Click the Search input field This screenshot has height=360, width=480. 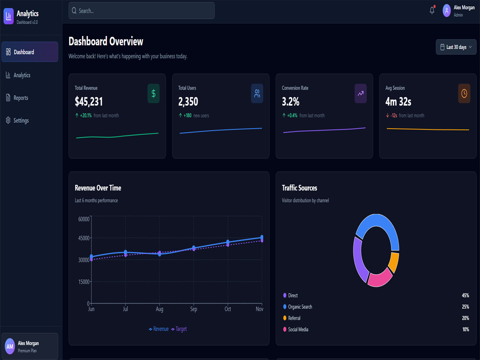142,11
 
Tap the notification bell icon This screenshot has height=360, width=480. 432,11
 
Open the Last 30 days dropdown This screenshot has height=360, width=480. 456,47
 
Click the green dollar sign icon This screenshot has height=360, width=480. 154,94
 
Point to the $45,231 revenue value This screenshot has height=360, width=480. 89,102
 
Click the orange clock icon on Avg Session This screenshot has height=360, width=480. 464,94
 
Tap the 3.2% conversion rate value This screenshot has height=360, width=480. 290,102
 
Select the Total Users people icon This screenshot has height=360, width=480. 257,94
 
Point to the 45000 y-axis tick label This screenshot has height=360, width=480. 84,238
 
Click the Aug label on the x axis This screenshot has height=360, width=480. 159,309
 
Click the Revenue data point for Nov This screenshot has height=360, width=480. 262,237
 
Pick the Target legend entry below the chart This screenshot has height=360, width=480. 179,329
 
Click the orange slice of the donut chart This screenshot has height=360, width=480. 394,262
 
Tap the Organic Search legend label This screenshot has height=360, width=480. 300,307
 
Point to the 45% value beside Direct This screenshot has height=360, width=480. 465,295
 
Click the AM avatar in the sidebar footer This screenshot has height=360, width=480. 10,347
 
